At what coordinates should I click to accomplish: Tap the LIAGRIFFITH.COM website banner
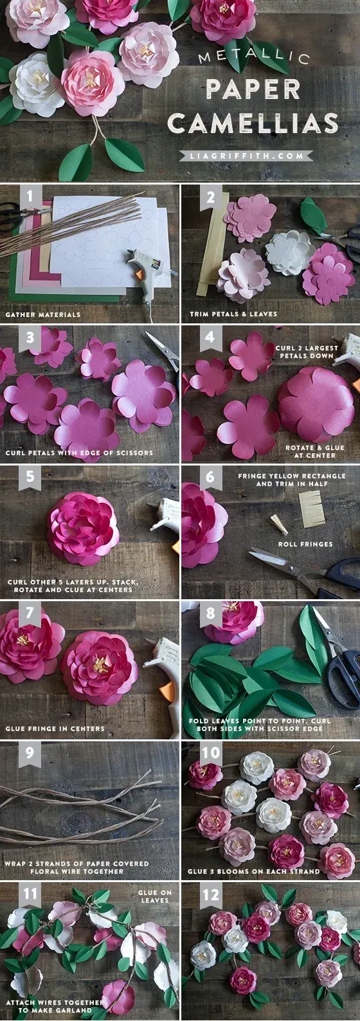[x=248, y=156]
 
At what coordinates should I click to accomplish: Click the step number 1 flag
[x=30, y=197]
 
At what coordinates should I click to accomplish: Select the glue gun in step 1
[x=147, y=272]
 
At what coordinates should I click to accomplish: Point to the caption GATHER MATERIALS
[x=43, y=314]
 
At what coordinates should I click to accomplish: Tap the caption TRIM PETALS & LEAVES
[x=233, y=314]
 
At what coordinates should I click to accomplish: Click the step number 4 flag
[x=210, y=338]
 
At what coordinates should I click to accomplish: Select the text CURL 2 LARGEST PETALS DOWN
[x=307, y=352]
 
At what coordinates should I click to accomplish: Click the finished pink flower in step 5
[x=83, y=529]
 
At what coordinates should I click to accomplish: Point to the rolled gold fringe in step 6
[x=278, y=524]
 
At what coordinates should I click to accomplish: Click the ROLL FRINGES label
[x=305, y=544]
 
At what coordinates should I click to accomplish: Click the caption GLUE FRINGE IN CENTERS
[x=55, y=729]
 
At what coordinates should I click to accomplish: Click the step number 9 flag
[x=30, y=754]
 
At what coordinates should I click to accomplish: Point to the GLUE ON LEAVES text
[x=155, y=896]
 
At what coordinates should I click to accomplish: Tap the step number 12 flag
[x=210, y=895]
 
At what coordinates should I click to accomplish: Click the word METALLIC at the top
[x=255, y=57]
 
